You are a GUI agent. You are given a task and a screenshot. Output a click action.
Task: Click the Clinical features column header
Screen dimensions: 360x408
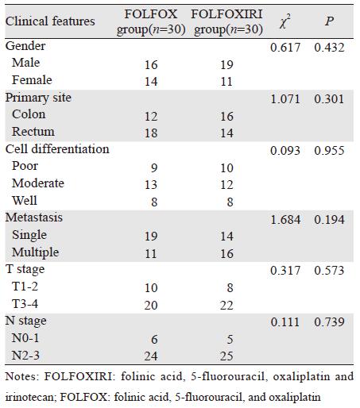click(x=50, y=21)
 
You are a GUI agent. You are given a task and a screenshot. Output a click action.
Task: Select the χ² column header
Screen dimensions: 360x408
click(x=285, y=21)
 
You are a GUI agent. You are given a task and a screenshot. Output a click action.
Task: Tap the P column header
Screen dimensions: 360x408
click(x=329, y=21)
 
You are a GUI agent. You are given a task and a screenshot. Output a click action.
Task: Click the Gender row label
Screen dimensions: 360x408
click(x=25, y=46)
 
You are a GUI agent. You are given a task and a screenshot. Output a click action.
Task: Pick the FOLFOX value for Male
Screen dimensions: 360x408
click(x=151, y=65)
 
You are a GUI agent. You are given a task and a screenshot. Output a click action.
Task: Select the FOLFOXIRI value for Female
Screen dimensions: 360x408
click(x=226, y=82)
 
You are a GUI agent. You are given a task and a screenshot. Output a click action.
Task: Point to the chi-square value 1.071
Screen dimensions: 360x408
click(x=285, y=99)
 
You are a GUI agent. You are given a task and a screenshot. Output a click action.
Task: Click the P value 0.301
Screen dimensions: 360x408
click(x=329, y=99)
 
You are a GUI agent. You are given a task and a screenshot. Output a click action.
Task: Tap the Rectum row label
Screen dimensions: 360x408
click(x=33, y=132)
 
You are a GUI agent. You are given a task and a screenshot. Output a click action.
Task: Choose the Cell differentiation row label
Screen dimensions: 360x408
click(x=57, y=149)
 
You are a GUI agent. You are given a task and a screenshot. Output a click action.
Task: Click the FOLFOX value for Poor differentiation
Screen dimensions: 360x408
click(x=154, y=168)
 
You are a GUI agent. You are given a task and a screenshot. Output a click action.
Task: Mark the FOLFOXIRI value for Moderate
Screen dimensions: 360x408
click(x=226, y=185)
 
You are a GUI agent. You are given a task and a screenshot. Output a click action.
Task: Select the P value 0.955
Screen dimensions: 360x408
click(x=329, y=151)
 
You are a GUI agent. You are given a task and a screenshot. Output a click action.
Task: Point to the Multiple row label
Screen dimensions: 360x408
click(x=35, y=252)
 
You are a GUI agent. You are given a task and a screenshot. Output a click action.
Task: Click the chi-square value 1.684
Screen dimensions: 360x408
click(x=285, y=220)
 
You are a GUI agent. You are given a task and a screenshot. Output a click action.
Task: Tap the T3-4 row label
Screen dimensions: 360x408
click(x=25, y=303)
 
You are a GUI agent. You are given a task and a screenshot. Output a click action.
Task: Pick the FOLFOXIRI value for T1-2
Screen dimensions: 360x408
click(x=230, y=288)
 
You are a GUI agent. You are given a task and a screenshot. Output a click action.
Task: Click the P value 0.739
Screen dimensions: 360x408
click(x=329, y=322)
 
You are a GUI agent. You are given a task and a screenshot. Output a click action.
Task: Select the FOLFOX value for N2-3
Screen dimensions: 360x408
click(x=151, y=356)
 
